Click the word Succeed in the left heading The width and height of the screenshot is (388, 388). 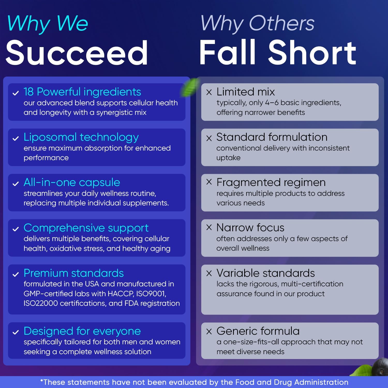(x=77, y=53)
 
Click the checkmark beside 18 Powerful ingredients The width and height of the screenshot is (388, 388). (x=16, y=93)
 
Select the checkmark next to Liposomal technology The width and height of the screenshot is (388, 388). (x=16, y=139)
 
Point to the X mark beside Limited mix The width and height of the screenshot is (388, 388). (x=209, y=92)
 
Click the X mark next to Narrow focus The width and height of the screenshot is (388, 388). (x=209, y=227)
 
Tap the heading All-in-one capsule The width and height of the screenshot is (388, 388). (x=72, y=182)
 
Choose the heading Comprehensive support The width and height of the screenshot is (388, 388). (x=86, y=228)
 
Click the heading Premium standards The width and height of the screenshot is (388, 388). (x=74, y=273)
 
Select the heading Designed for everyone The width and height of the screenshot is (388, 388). (x=82, y=331)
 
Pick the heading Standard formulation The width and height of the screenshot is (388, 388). (x=272, y=137)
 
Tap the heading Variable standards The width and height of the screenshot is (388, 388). (x=266, y=273)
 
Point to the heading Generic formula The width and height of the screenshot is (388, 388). (x=258, y=331)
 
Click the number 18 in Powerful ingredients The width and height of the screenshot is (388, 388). (x=28, y=92)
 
